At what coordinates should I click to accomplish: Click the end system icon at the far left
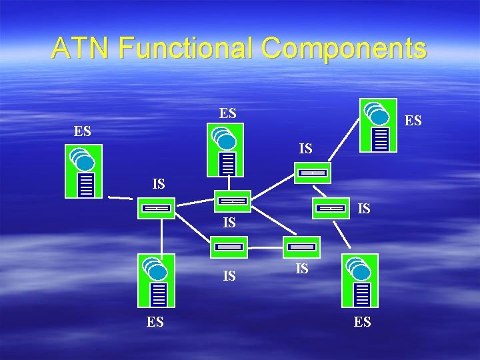(83, 171)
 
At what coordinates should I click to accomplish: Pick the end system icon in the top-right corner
(377, 126)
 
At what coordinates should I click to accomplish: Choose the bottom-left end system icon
(155, 280)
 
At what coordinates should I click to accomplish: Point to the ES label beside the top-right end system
(413, 121)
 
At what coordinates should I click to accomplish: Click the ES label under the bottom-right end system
(363, 322)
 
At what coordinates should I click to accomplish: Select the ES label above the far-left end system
(83, 130)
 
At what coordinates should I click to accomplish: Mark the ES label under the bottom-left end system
(155, 322)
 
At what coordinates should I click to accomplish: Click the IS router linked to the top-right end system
(311, 173)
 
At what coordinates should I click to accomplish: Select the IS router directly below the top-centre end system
(233, 201)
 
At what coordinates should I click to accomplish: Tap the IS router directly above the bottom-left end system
(157, 208)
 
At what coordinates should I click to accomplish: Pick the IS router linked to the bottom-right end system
(331, 208)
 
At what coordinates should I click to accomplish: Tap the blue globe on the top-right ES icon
(379, 117)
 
